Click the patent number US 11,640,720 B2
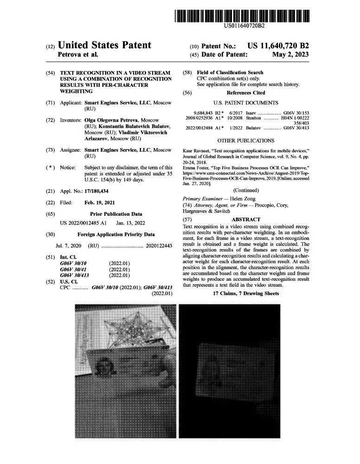278,46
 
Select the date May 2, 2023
290,55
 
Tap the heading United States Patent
104,45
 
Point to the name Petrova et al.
77,55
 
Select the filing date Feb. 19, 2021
100,202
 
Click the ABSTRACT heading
246,219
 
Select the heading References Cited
246,93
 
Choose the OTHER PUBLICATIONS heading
246,140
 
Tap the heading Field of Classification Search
230,72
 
